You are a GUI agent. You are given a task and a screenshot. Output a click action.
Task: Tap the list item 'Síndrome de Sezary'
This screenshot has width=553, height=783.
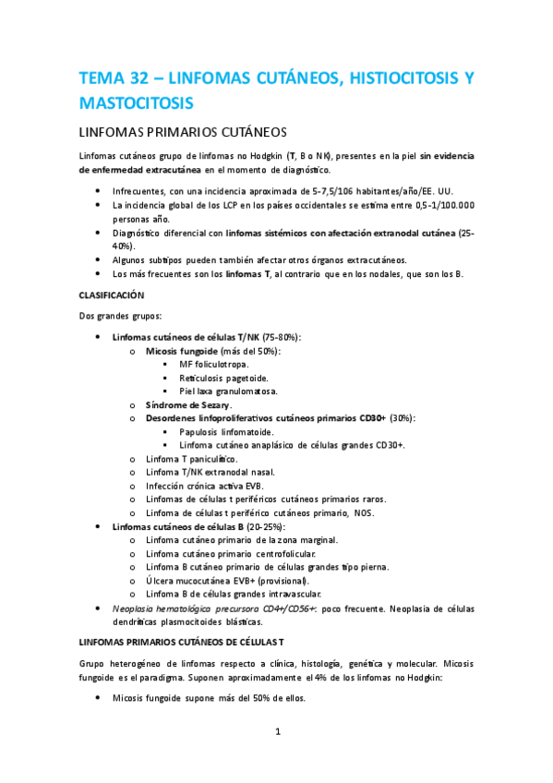click(x=189, y=404)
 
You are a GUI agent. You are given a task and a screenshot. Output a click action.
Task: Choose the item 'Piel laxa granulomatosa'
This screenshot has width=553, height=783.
click(x=230, y=391)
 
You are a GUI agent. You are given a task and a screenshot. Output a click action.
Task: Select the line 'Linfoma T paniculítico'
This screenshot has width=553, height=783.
click(x=191, y=459)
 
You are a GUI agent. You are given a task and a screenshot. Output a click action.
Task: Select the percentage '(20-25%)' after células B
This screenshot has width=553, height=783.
click(x=263, y=525)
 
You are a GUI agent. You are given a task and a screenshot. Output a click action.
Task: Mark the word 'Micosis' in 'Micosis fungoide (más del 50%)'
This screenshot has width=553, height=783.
click(x=163, y=352)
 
